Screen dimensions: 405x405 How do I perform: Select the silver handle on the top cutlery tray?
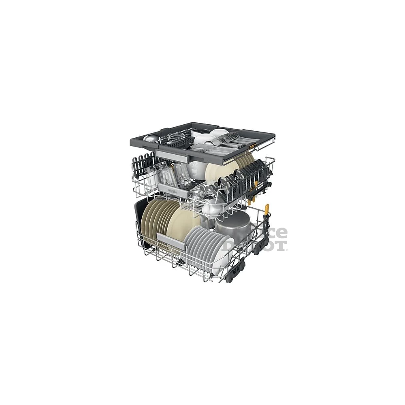[x=169, y=154]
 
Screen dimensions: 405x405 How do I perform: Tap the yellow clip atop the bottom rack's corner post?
[x=266, y=210]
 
